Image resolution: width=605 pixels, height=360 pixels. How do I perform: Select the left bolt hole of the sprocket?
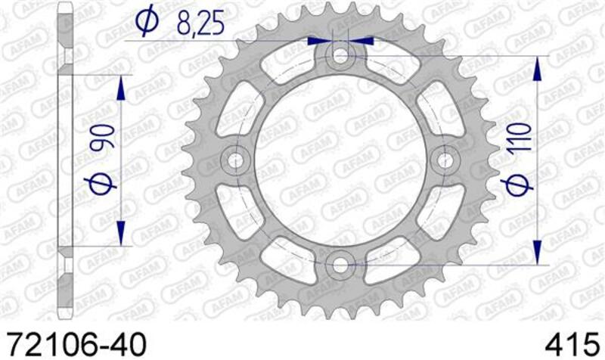[x=235, y=160]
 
